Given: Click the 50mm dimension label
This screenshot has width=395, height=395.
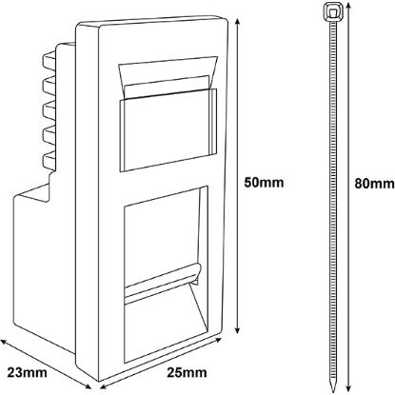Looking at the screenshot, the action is click(264, 183).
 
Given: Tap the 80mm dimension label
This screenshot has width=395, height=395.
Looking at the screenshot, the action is click(374, 184).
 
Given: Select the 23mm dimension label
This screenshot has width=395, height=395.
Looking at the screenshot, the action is click(27, 372).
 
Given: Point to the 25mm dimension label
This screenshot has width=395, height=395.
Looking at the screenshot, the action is click(187, 372).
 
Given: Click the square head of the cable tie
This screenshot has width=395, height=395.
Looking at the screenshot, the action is click(332, 12).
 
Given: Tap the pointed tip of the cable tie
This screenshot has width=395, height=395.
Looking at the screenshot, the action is click(332, 388).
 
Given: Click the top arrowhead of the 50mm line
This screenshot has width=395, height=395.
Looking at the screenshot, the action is click(237, 21).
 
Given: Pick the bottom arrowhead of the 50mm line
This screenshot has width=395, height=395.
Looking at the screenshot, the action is click(237, 330).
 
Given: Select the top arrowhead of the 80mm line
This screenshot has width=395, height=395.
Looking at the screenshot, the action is click(348, 6).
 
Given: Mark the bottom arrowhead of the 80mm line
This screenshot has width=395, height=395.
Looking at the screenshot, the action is click(348, 388).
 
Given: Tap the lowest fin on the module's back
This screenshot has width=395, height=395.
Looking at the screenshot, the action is click(49, 161).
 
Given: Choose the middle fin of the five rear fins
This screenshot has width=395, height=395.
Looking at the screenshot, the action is click(49, 110).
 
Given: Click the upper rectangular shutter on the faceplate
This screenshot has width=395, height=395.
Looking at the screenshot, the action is click(168, 130).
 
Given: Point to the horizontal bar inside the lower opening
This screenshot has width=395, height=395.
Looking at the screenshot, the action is click(163, 281).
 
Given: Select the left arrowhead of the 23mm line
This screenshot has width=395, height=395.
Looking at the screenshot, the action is click(3, 342).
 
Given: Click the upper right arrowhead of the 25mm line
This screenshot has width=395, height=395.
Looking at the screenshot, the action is click(218, 341).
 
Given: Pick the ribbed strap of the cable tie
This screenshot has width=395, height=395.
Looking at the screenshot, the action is click(332, 197).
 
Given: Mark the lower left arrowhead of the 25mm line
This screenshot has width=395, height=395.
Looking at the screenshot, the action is click(103, 387).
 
